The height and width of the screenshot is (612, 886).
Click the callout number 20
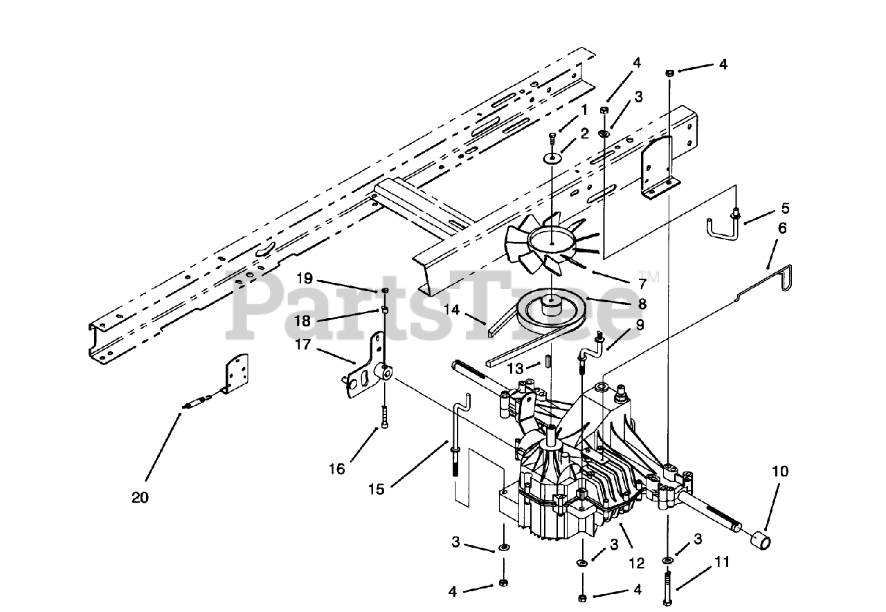[x=140, y=498]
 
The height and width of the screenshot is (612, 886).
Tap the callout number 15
[x=377, y=490]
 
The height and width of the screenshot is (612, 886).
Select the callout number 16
[x=337, y=469]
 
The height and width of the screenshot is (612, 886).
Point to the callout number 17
[x=303, y=344]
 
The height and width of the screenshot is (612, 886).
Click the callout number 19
[x=305, y=279]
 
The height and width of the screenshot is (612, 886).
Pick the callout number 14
[x=452, y=309]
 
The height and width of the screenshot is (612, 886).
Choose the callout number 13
[x=516, y=369]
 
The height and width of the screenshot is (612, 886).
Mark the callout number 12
[x=637, y=563]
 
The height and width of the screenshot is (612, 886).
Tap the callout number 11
[x=722, y=562]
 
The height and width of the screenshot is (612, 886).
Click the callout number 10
[x=780, y=472]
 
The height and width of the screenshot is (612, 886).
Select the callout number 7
[x=642, y=284]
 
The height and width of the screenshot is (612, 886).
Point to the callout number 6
[x=782, y=228]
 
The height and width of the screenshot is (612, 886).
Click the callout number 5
[x=785, y=208]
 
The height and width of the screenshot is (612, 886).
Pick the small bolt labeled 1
[x=552, y=141]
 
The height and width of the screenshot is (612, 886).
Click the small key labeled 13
[x=547, y=362]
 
